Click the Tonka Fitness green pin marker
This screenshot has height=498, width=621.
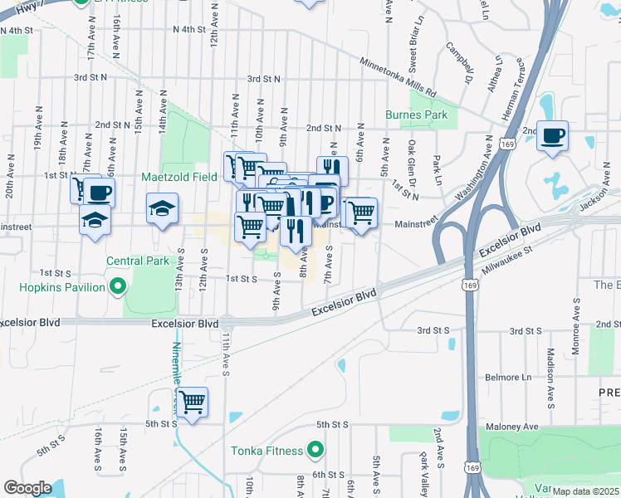pos(315,452)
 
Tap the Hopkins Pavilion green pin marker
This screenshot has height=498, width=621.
pos(117,288)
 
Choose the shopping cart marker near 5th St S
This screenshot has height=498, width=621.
pos(193,403)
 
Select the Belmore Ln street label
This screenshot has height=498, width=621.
pos(509,377)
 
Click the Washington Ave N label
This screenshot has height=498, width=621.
pos(473,170)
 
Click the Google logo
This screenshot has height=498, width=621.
pos(27,488)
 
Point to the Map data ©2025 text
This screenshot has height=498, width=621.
pos(584,491)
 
